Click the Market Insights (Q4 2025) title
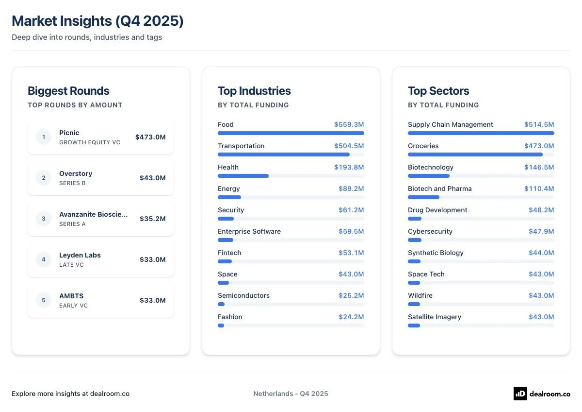[x=97, y=21]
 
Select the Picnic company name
[x=69, y=133]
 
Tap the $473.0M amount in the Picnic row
[x=150, y=137]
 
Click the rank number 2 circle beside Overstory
[x=44, y=178]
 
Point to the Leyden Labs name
[x=80, y=255]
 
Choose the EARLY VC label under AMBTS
[x=73, y=306]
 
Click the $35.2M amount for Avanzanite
[x=152, y=219]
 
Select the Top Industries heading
[x=254, y=91]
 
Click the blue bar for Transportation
[x=284, y=154]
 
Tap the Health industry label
[x=228, y=167]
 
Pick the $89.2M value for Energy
[x=351, y=189]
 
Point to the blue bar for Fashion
[x=221, y=326]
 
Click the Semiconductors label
[x=243, y=295]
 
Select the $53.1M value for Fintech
[x=351, y=253]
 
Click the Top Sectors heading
[x=438, y=91]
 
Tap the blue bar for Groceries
[x=475, y=154]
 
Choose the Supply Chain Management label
[x=450, y=124]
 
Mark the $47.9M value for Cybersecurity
[x=541, y=231]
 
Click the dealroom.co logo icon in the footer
[x=520, y=394]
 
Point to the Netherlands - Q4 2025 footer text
[x=291, y=394]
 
